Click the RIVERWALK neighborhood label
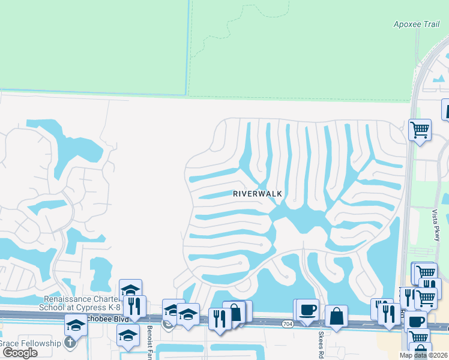(x=258, y=194)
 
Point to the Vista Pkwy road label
(x=436, y=225)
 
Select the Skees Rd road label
(x=322, y=342)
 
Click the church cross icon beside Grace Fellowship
(x=70, y=343)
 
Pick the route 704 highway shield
(x=287, y=323)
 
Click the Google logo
(x=20, y=352)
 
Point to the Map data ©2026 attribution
(x=423, y=355)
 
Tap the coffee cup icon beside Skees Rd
(x=307, y=310)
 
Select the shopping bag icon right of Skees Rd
(x=337, y=316)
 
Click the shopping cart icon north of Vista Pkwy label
(x=420, y=129)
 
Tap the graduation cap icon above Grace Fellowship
(x=76, y=326)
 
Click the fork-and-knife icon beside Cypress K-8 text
(x=134, y=306)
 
